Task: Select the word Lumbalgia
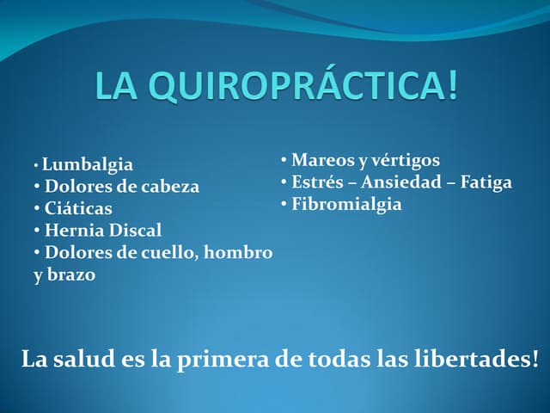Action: pos(88,163)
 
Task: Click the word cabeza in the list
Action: pos(169,186)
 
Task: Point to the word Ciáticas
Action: pos(78,208)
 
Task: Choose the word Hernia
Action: pos(72,231)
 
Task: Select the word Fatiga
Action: pos(486,182)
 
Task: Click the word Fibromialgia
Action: pos(346,205)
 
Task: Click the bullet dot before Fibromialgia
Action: pos(284,205)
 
